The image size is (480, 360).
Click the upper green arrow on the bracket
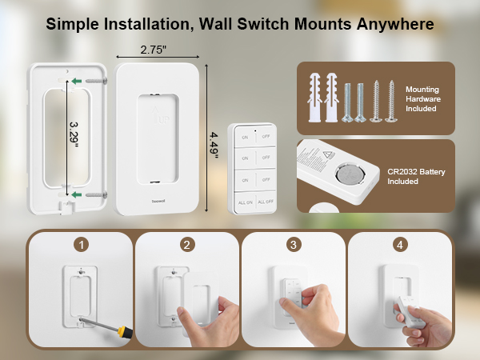pos(76,81)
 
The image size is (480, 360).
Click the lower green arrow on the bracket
pos(76,194)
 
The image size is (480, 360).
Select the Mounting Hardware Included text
pos(422,98)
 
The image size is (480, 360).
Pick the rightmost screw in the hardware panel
pos(391,100)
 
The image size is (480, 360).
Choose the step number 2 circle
pos(186,244)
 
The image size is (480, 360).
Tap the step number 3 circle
pos(293,244)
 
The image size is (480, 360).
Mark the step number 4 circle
pos(399,244)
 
